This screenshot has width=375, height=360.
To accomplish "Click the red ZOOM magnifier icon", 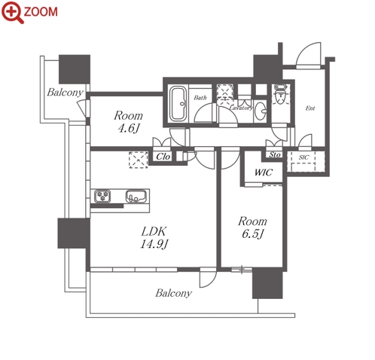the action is click(13, 12).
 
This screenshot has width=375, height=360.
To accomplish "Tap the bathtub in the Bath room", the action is click(178, 104).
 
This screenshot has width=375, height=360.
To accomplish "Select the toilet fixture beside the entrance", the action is click(280, 94).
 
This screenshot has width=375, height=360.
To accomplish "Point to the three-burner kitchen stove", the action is click(102, 196).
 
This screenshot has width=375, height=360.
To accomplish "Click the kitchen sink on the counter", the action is click(136, 196).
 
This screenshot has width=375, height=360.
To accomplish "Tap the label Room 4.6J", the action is click(128, 122).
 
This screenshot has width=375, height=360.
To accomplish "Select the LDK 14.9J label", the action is click(154, 237).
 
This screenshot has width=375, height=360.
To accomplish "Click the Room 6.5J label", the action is click(252, 227).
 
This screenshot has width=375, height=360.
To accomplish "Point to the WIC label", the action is click(264, 172).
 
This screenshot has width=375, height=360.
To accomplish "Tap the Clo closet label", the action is click(163, 157).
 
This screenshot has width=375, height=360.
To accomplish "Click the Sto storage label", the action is click(275, 154).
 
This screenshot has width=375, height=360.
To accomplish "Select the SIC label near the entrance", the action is click(303, 157).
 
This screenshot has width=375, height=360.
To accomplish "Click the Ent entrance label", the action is click(310, 108).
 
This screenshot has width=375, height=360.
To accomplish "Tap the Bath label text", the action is click(200, 97).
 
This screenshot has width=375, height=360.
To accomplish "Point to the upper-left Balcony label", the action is click(66, 93).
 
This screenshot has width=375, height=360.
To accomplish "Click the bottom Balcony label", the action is click(174, 293).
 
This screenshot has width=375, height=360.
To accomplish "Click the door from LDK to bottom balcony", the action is click(208, 277).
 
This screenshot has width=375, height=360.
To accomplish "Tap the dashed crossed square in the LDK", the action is click(138, 160).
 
